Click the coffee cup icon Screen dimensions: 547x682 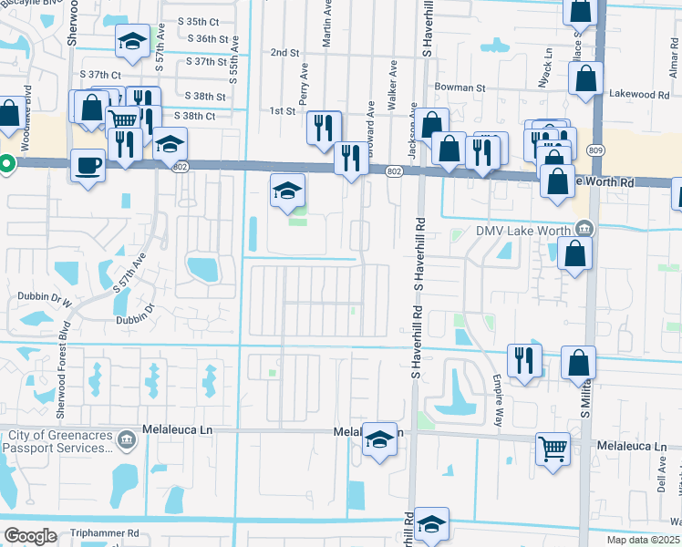(88, 165)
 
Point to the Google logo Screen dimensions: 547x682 (30, 536)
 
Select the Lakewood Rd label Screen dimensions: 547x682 (639, 94)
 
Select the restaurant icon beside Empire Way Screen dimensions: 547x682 (523, 359)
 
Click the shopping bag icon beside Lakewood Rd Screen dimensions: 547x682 (585, 77)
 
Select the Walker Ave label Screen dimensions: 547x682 (393, 87)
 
